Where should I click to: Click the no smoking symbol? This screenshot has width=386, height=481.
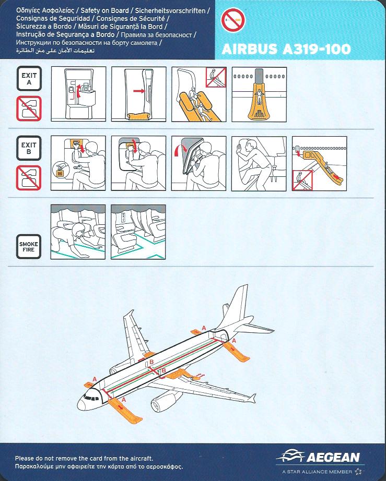(x=233, y=20)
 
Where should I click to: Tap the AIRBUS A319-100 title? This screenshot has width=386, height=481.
(x=286, y=49)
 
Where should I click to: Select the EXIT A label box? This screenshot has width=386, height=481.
(x=29, y=79)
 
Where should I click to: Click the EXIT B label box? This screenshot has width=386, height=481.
(x=29, y=148)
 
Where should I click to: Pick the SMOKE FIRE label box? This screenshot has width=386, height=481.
(x=29, y=247)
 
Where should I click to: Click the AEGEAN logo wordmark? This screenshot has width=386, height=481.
(x=333, y=458)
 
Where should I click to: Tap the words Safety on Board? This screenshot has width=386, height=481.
(x=104, y=11)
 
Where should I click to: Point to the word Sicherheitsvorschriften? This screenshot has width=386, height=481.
(x=170, y=11)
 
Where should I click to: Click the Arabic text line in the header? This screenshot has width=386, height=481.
(x=55, y=51)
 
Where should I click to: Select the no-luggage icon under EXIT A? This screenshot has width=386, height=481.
(x=29, y=109)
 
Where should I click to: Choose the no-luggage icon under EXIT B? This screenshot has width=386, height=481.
(x=29, y=178)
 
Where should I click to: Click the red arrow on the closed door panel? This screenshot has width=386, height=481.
(x=139, y=91)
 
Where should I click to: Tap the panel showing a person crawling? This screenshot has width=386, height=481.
(x=78, y=232)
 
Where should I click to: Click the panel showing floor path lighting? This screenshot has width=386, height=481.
(x=138, y=232)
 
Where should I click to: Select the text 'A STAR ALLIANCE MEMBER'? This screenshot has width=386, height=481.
(x=317, y=472)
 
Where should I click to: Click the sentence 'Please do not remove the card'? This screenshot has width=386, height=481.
(x=84, y=459)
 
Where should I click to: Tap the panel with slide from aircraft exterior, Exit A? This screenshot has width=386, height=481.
(x=259, y=94)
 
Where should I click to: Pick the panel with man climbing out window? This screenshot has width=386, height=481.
(x=259, y=163)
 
